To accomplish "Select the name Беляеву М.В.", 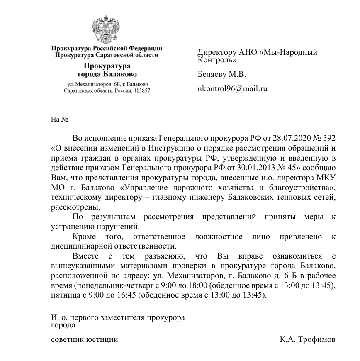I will coord(221,75).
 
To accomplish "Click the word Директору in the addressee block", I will coord(216,53).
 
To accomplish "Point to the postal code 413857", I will coord(141,90).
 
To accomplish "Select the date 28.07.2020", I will coord(290,138).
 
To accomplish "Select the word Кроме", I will coord(83,237).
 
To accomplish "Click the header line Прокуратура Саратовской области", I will coord(107,55).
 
